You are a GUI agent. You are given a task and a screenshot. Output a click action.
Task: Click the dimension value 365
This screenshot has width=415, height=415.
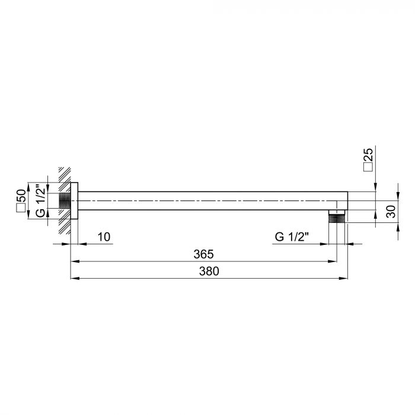[x=203, y=254]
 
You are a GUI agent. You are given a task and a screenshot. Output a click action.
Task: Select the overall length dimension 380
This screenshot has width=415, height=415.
[x=208, y=272]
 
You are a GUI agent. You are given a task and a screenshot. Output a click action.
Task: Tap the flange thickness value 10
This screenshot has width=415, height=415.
[x=104, y=237]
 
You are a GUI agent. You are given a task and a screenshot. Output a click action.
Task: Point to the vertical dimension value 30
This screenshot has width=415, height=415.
[x=391, y=211]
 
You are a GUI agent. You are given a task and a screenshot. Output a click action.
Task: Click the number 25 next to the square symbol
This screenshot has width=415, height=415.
[x=368, y=155]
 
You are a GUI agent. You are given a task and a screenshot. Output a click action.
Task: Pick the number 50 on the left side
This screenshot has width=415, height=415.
[x=21, y=196]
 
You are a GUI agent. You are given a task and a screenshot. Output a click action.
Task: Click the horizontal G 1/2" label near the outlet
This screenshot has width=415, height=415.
[x=293, y=237]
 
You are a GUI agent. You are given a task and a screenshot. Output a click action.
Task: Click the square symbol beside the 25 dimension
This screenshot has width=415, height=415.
[x=368, y=168]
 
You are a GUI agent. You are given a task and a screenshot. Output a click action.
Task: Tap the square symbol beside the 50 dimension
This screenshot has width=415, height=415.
[x=21, y=207]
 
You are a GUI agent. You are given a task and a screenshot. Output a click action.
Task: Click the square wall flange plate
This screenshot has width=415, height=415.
[x=75, y=201]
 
